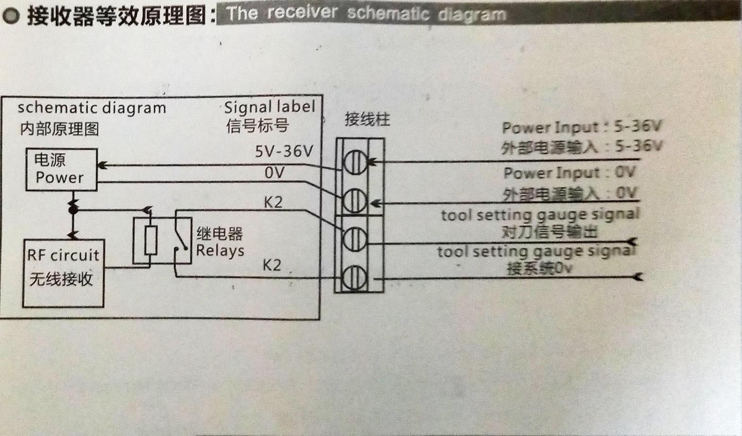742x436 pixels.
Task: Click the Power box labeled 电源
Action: pos(61,169)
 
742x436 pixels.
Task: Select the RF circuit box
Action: pos(63,273)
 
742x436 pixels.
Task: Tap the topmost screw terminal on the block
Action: pos(354,162)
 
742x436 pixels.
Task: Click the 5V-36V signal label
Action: pos(284,151)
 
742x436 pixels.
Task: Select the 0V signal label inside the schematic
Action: pos(275,173)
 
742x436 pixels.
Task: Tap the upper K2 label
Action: pos(273,203)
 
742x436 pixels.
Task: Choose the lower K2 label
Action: pos(272,265)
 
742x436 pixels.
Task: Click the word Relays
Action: pos(220,250)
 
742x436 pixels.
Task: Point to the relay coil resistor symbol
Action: pos(151,240)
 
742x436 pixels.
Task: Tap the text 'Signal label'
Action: pos(269,107)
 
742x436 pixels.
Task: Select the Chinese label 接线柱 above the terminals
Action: pos(367,119)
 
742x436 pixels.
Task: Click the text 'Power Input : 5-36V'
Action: pos(582,127)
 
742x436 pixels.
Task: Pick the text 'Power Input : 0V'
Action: pos(569,172)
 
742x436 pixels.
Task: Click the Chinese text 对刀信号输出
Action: pos(550,232)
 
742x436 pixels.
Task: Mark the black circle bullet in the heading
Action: pos(11,16)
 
